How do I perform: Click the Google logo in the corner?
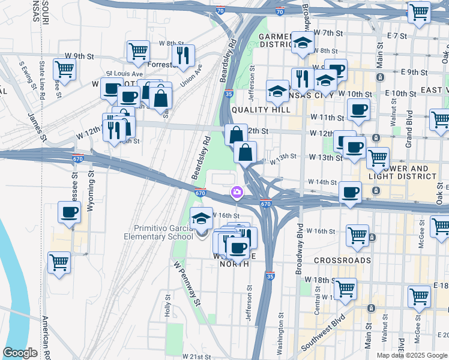20,353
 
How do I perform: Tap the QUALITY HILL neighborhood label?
261,109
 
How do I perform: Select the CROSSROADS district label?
342,260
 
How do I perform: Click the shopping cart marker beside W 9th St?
64,69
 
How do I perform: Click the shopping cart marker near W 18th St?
345,289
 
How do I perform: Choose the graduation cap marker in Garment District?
303,43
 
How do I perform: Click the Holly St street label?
167,310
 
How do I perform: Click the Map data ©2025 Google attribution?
412,355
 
